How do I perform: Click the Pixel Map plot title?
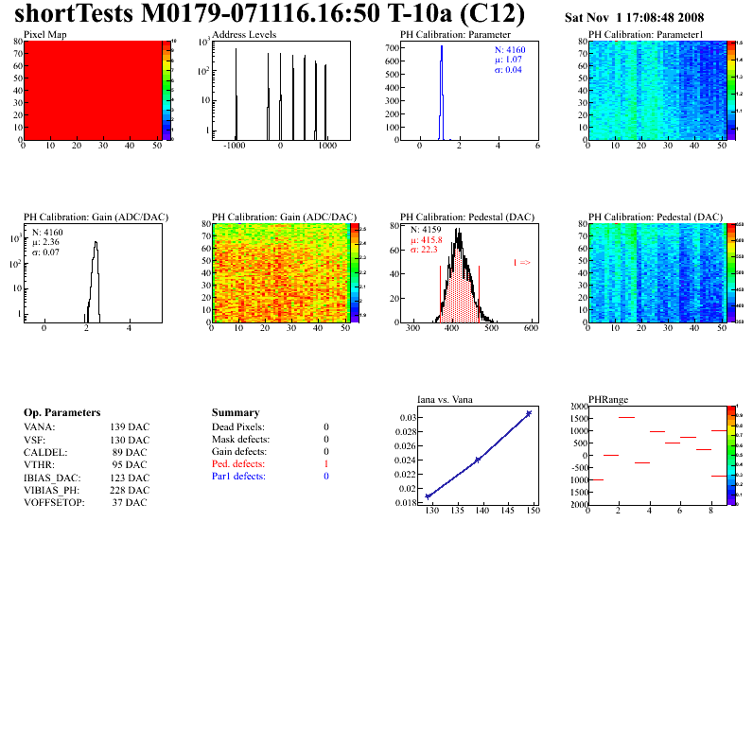[x=44, y=34]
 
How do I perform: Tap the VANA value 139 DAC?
[x=130, y=427]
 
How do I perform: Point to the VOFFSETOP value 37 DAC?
[x=130, y=502]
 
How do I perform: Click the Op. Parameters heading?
[x=61, y=413]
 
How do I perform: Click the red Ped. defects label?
[x=238, y=464]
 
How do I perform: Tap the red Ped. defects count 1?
[x=325, y=464]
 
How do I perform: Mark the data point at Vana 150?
[x=529, y=413]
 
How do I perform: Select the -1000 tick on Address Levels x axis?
[x=236, y=148]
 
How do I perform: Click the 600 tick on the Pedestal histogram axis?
[x=531, y=329]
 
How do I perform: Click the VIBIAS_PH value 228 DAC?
[x=130, y=490]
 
